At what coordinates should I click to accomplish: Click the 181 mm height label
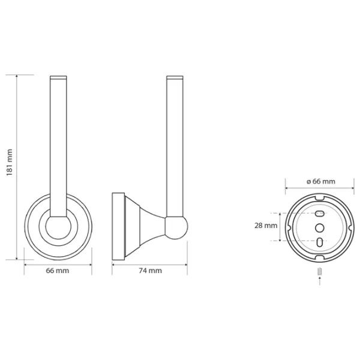[10, 163]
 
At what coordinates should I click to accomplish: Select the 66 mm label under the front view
[58, 271]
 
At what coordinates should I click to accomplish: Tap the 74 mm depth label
[151, 271]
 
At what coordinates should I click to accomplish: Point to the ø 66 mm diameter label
[321, 181]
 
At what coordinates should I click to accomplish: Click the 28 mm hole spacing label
[266, 226]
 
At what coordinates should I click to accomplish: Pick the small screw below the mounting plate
[320, 271]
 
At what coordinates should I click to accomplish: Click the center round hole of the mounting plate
[320, 228]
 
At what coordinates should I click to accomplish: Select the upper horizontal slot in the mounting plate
[320, 214]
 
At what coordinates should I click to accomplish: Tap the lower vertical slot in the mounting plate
[320, 242]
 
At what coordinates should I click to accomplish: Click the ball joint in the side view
[176, 228]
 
